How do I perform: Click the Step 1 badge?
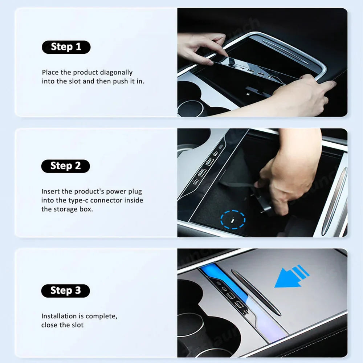coord(66,47)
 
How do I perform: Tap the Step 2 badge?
coord(65,166)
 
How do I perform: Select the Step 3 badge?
coord(65,290)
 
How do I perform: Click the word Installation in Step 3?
coord(59,316)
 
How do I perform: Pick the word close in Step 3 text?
coord(49,325)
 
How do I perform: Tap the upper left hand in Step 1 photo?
coord(200,47)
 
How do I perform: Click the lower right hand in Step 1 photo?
coord(305,96)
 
